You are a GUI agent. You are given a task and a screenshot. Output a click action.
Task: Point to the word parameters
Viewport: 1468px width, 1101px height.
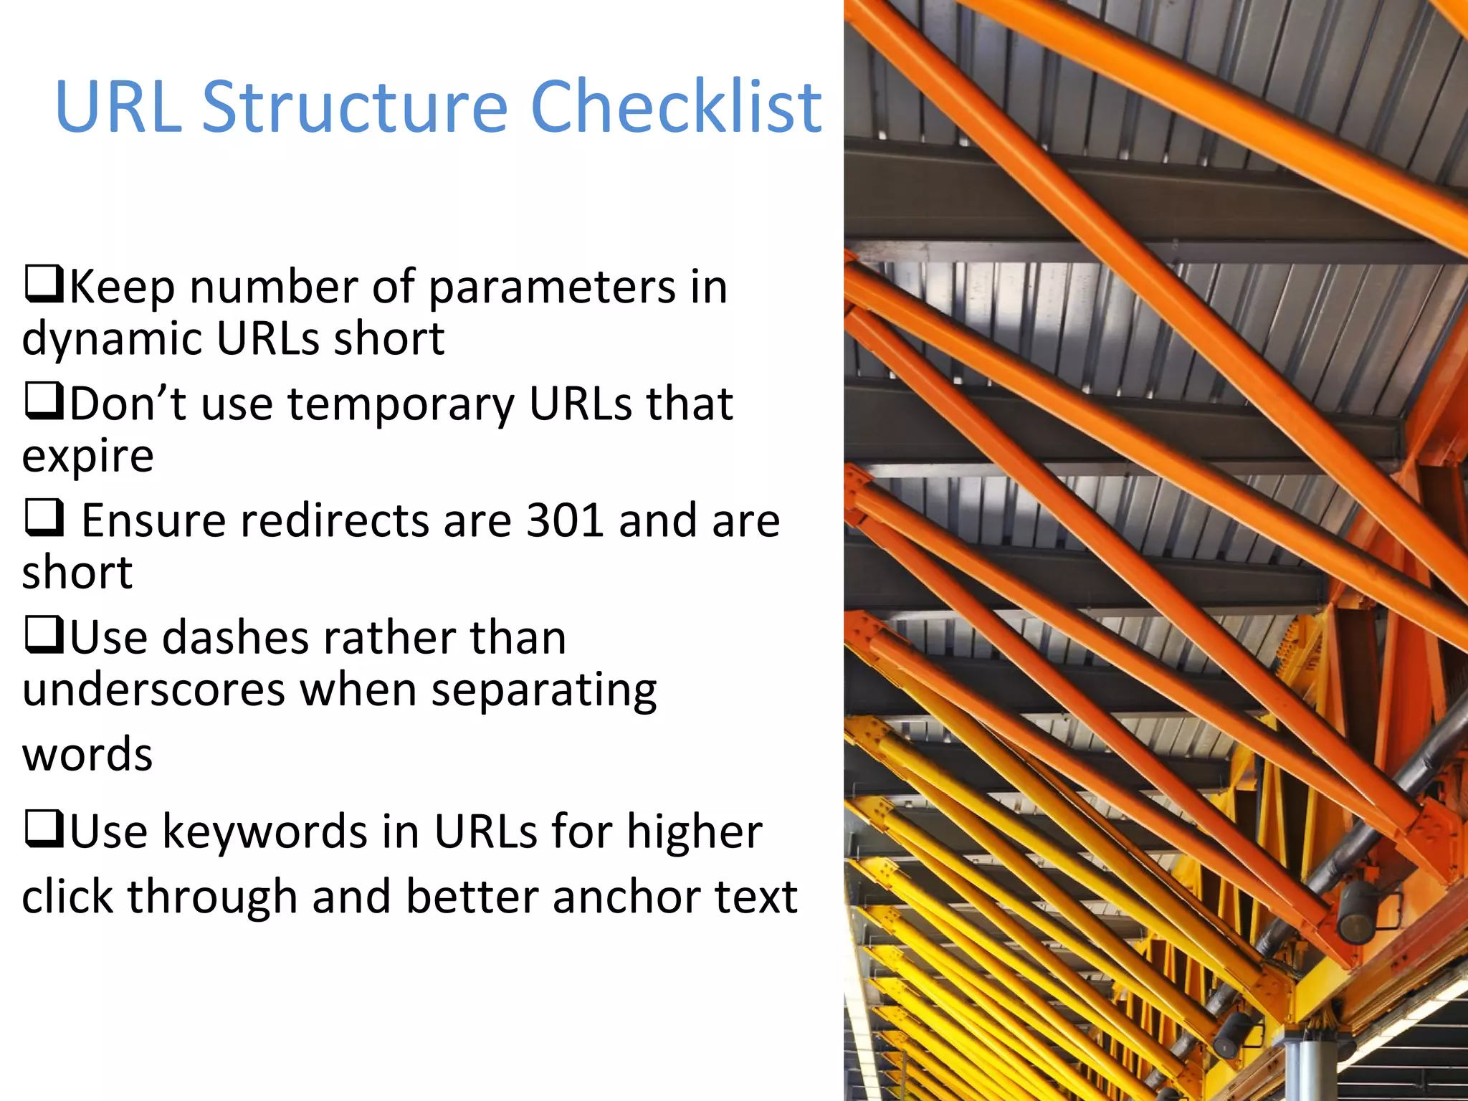(x=552, y=288)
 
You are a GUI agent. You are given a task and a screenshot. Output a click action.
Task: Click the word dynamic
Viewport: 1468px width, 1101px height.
(x=112, y=340)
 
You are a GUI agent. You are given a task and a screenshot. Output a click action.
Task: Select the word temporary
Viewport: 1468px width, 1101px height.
(x=401, y=406)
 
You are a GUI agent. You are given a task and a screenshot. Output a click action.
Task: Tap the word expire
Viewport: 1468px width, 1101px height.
(x=87, y=457)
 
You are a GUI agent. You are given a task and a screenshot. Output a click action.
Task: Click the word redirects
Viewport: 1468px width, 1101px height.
(x=333, y=520)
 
